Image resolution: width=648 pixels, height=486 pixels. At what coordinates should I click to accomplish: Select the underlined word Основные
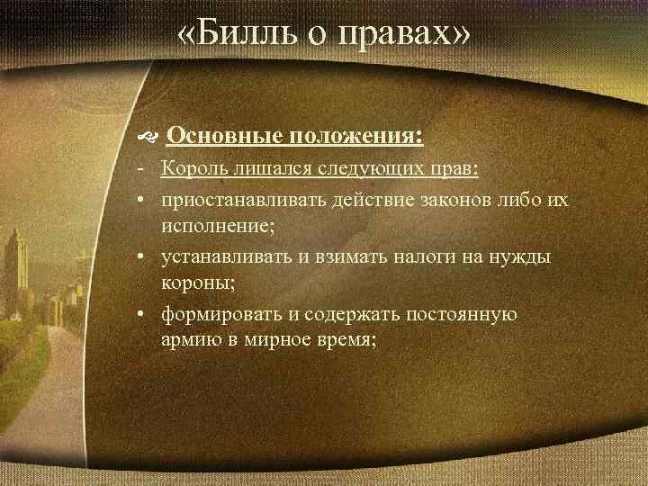[226, 136]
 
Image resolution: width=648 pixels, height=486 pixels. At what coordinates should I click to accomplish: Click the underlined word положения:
[357, 136]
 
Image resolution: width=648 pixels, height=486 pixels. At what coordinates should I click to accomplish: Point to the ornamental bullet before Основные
[148, 137]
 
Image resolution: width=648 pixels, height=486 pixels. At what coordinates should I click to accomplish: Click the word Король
[193, 169]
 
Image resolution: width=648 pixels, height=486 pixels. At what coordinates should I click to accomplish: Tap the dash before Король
[143, 169]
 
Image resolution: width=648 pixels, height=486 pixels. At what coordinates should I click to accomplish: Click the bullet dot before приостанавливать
[144, 199]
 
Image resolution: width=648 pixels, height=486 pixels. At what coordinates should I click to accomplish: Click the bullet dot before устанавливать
[144, 257]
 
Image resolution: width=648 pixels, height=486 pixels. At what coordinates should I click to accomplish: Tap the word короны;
[199, 285]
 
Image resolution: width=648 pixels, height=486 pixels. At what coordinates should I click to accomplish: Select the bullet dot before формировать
[144, 316]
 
